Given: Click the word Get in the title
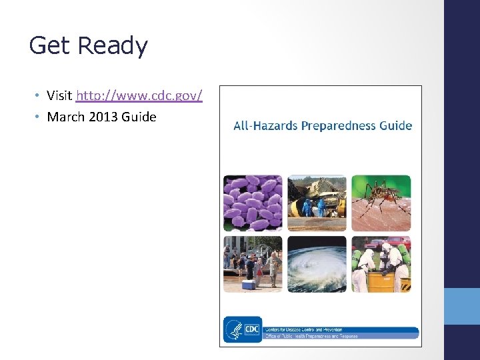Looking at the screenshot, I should pyautogui.click(x=50, y=46).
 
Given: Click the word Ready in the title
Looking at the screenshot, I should pyautogui.click(x=113, y=46).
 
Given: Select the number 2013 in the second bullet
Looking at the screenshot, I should pyautogui.click(x=104, y=117).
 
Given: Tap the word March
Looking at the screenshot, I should pyautogui.click(x=66, y=117).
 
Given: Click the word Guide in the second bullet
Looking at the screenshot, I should pyautogui.click(x=139, y=117).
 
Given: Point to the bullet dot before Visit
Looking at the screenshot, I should pyautogui.click(x=37, y=96).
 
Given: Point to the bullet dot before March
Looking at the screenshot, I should pyautogui.click(x=37, y=117).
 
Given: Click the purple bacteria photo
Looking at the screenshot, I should pyautogui.click(x=253, y=203).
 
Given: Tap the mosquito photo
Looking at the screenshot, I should pyautogui.click(x=381, y=203).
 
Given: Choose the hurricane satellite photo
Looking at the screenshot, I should pyautogui.click(x=317, y=264).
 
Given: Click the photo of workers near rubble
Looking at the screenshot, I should pyautogui.click(x=317, y=203).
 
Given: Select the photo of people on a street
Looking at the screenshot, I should pyautogui.click(x=253, y=264).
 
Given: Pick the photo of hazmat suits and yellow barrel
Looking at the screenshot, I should pyautogui.click(x=381, y=264).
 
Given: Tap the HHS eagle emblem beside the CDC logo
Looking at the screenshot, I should pyautogui.click(x=234, y=328).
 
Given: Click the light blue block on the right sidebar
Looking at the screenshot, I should pyautogui.click(x=462, y=306).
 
